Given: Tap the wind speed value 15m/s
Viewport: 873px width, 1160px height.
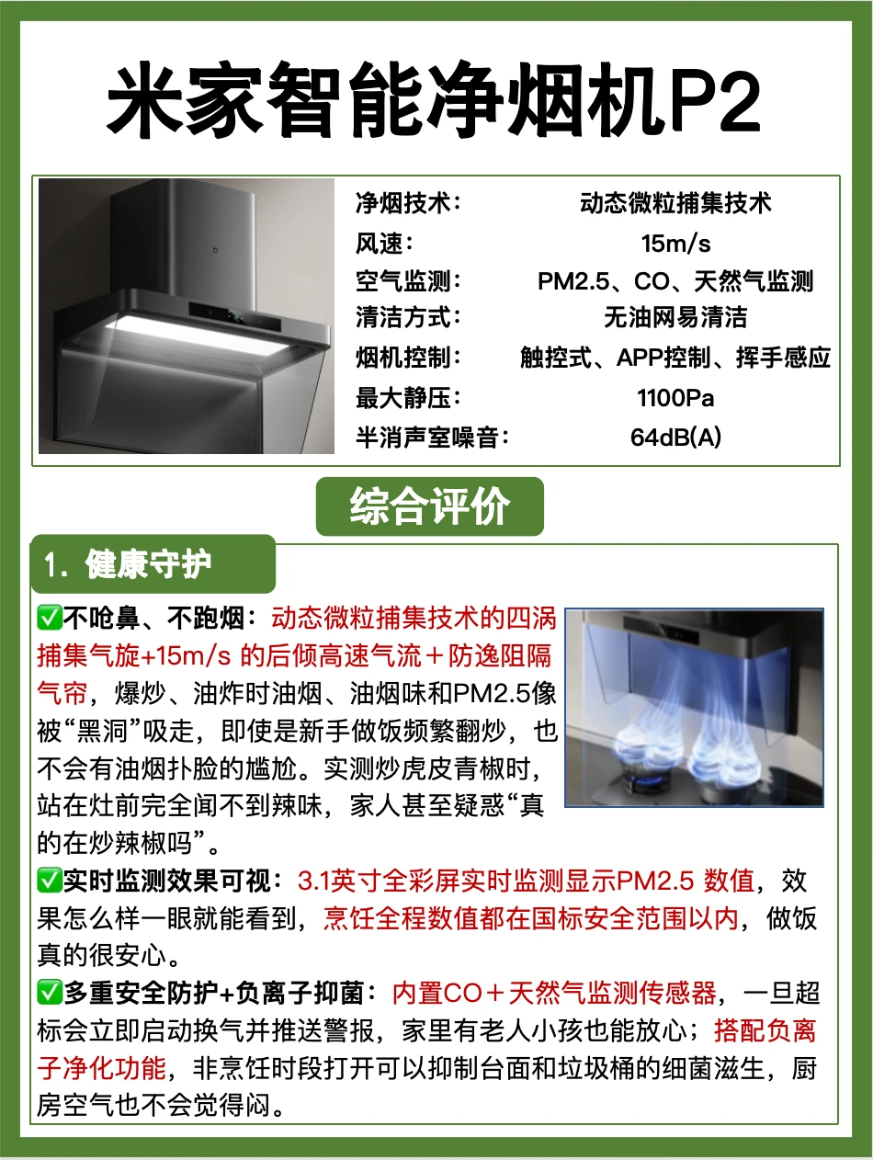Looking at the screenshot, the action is tap(675, 244).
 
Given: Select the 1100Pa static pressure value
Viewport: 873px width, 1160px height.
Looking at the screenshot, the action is tap(675, 398).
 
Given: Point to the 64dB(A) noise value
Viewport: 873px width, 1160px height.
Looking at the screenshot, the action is tap(675, 437).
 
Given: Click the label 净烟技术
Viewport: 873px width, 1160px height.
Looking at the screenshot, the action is tap(403, 203).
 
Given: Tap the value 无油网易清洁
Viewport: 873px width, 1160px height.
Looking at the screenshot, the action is tap(675, 318).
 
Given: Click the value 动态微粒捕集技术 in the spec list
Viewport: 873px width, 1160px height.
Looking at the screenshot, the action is tap(675, 203).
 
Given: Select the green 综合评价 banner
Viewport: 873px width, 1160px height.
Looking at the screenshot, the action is tap(430, 506).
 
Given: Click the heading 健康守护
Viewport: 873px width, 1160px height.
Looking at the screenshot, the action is tap(148, 564).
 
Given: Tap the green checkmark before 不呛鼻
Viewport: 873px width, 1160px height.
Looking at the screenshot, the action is tap(50, 618).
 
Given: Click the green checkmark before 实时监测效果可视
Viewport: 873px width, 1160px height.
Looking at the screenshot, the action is tap(50, 881).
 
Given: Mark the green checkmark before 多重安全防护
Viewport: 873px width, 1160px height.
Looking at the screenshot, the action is tap(50, 993).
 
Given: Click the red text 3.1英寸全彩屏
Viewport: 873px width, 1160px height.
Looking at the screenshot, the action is tap(378, 881).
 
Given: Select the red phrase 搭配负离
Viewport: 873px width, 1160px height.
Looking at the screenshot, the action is tap(765, 1030).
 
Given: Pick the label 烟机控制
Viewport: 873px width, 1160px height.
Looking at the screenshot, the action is tap(403, 358).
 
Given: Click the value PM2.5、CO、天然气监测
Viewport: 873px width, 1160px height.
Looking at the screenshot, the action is tap(675, 280).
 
